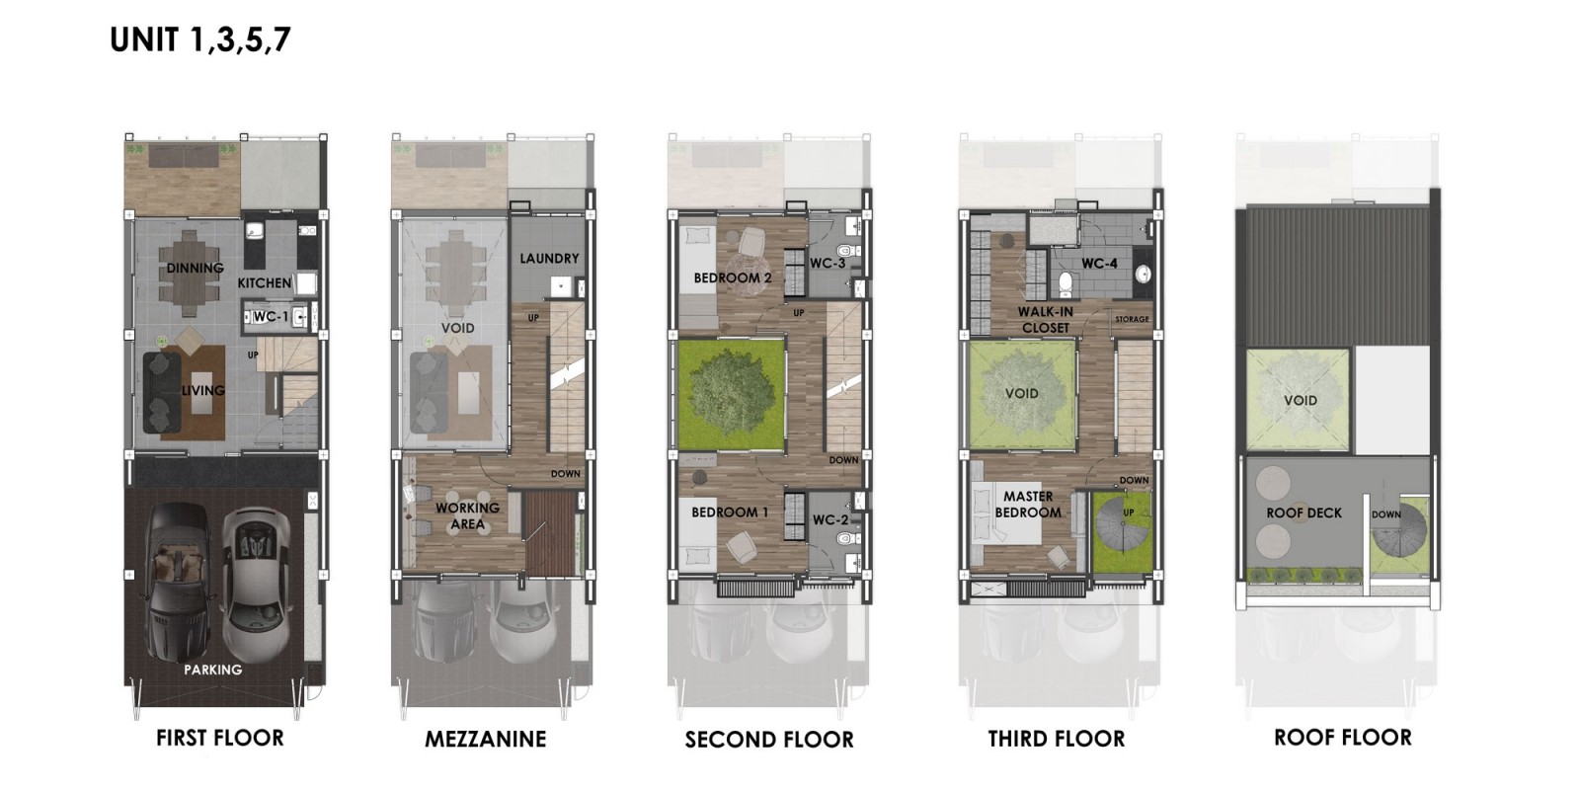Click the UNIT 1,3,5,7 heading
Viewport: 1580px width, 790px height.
click(x=200, y=40)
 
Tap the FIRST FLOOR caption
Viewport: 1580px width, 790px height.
click(x=220, y=738)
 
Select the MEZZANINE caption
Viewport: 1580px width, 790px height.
click(x=485, y=740)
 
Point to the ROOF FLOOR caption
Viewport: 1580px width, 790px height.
click(x=1343, y=738)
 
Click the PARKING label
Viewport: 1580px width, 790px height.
click(x=213, y=670)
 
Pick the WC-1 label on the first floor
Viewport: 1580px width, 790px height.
click(x=271, y=317)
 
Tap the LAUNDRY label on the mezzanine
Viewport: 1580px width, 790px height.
click(x=549, y=259)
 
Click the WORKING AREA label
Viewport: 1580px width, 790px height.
click(x=468, y=515)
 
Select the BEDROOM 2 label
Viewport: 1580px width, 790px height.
click(x=732, y=277)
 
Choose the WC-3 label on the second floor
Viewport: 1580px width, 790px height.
click(x=828, y=263)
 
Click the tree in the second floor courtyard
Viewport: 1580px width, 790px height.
click(x=732, y=394)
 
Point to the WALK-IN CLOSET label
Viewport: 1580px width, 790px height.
click(x=1046, y=320)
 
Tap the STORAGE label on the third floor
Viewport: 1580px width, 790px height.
click(x=1132, y=320)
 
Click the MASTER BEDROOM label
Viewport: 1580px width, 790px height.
click(x=1028, y=505)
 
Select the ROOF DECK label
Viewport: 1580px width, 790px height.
click(x=1303, y=513)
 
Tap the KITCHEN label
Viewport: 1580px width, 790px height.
click(x=265, y=282)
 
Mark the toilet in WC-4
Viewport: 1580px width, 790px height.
click(x=1066, y=283)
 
